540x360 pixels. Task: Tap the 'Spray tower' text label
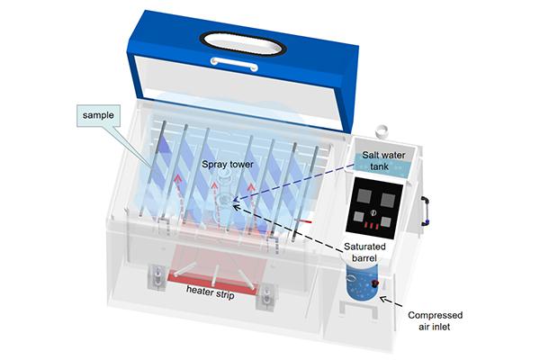(229, 166)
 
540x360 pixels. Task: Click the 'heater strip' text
(211, 290)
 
